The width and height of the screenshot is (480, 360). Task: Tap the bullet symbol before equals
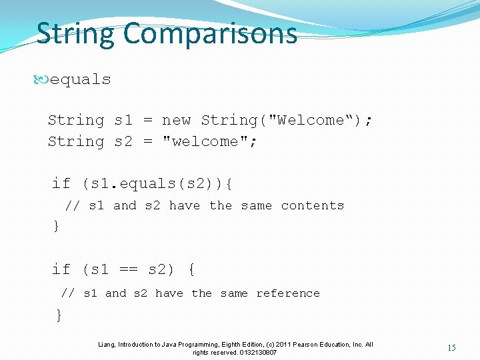[x=42, y=79]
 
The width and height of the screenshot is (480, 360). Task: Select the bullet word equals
[x=81, y=79]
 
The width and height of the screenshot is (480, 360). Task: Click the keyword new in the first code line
[x=176, y=120]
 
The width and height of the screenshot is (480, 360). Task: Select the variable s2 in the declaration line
[x=123, y=141]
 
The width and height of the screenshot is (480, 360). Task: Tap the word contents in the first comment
[x=313, y=205]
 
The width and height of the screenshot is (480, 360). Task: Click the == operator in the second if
[x=128, y=269]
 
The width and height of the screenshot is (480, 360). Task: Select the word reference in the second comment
[x=288, y=293]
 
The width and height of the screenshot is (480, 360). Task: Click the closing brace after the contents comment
[x=56, y=226]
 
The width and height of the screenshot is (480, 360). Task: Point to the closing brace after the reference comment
[x=59, y=315]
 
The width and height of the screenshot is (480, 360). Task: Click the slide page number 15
[x=451, y=347]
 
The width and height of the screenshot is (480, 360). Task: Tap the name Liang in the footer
[x=106, y=345]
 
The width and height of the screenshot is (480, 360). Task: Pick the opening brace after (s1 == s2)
[x=191, y=269]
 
